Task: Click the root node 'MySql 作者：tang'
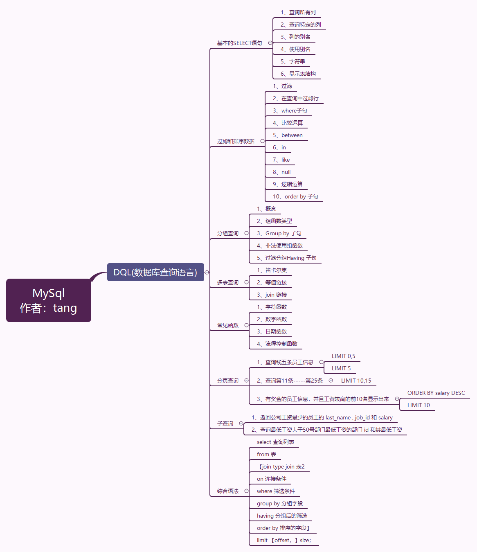click(x=49, y=300)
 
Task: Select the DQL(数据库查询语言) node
click(x=155, y=272)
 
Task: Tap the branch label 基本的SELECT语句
click(x=239, y=43)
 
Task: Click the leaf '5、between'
click(x=288, y=135)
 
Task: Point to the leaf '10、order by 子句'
click(x=295, y=197)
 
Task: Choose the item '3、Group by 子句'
click(x=279, y=234)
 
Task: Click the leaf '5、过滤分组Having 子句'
click(x=286, y=258)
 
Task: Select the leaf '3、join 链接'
click(x=272, y=295)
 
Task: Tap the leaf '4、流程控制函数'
click(x=277, y=344)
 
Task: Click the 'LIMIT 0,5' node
click(x=343, y=356)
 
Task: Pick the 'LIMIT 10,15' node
click(x=356, y=381)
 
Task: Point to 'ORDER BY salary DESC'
click(x=436, y=393)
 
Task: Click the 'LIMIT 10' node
click(x=418, y=406)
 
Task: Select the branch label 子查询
click(x=225, y=424)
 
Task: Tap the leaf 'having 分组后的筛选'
click(x=282, y=516)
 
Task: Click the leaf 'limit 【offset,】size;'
click(x=284, y=541)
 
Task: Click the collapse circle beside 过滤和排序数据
click(x=262, y=141)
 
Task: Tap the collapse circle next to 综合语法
click(x=246, y=491)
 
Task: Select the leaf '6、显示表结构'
click(x=298, y=74)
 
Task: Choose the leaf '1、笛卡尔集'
click(x=272, y=270)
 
